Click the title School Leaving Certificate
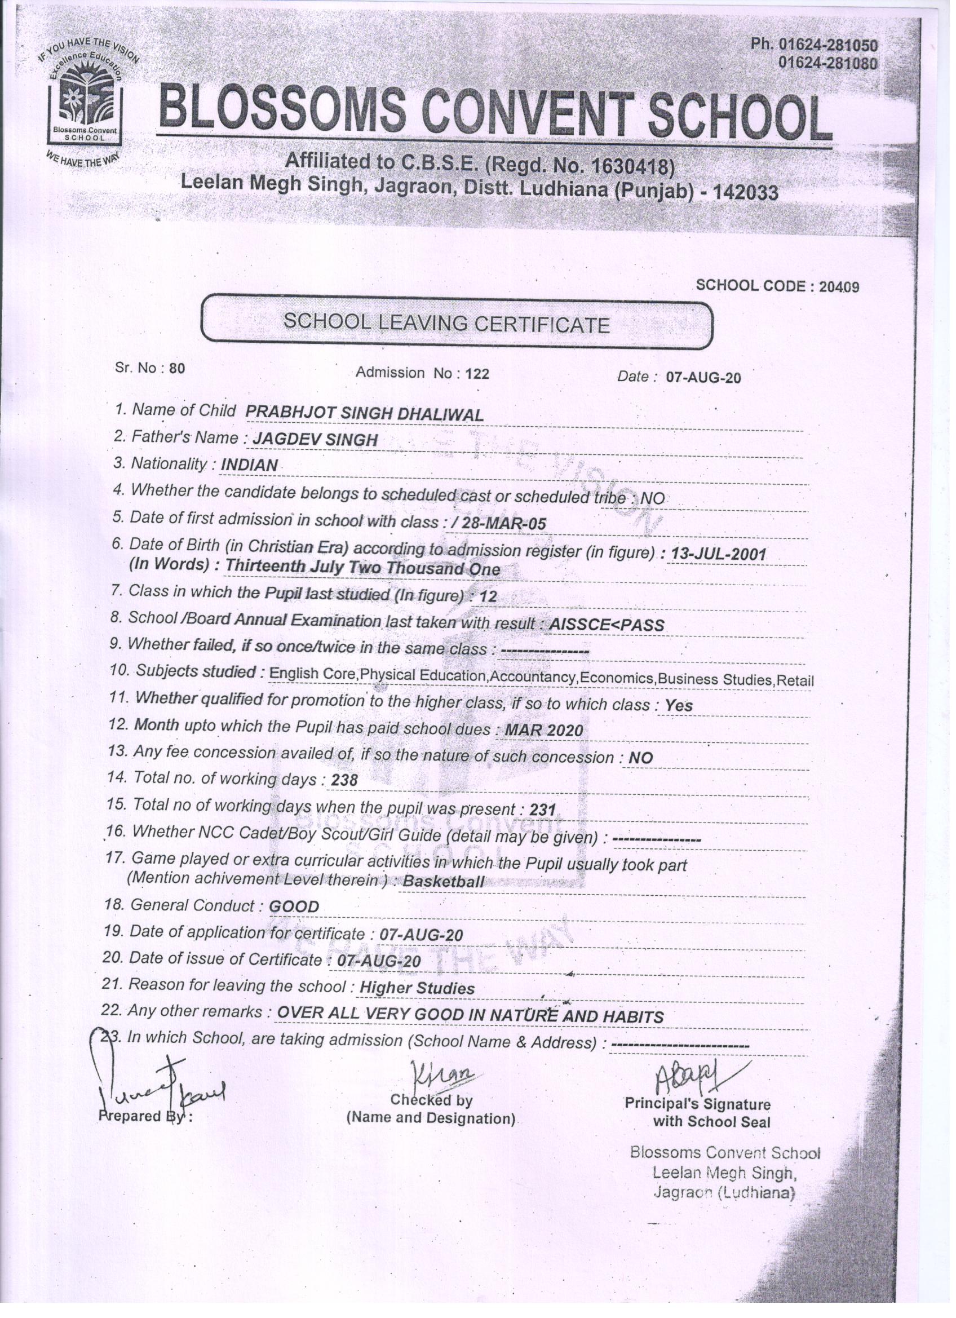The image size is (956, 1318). [x=446, y=323]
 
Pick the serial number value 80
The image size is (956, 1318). [x=176, y=368]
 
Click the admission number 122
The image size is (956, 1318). [x=477, y=374]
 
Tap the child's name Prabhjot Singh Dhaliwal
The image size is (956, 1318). [x=364, y=413]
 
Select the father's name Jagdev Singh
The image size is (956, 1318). [x=315, y=439]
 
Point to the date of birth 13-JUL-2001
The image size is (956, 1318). [x=718, y=554]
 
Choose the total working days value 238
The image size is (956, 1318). [x=344, y=780]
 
